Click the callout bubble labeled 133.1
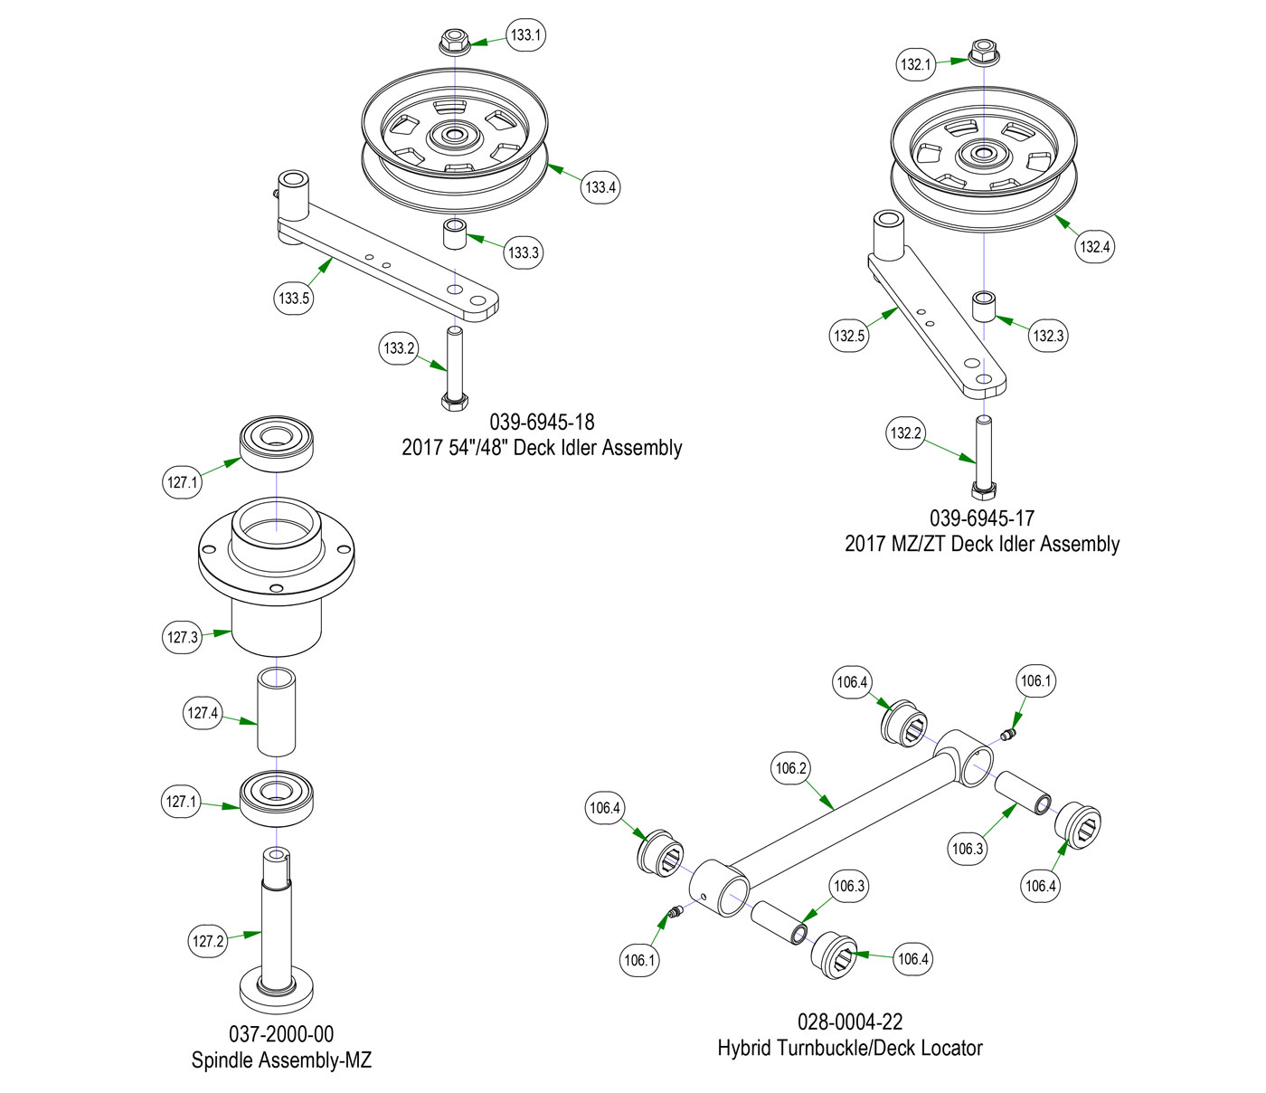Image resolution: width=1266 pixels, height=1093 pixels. coord(525,35)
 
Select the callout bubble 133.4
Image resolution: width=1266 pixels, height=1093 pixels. coord(600,187)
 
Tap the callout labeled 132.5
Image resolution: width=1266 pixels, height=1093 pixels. coord(849,336)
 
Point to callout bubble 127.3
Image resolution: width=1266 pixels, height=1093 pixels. coord(182,637)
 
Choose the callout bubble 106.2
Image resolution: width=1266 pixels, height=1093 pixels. coord(790,768)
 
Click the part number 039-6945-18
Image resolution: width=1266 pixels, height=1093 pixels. coord(542,422)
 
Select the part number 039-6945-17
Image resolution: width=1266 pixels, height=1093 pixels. coord(981,518)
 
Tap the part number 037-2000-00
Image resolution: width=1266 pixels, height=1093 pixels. coord(281,1034)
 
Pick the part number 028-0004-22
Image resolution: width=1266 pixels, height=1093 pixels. coord(849,1022)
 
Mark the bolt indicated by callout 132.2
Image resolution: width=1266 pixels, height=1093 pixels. coord(982,457)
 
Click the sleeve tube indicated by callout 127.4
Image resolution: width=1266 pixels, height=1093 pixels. coord(277,711)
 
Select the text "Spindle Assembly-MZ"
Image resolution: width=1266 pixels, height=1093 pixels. coord(281,1060)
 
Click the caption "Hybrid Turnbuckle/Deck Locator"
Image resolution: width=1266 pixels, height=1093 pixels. coord(849,1048)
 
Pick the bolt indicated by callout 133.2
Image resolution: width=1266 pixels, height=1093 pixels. coord(453,366)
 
